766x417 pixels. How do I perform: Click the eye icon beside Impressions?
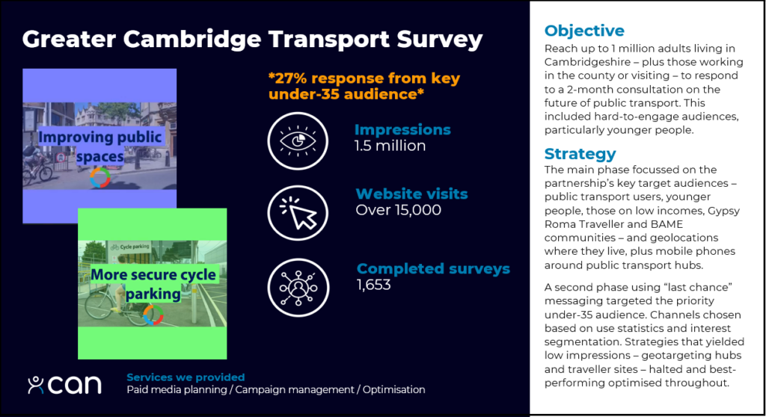[298, 141]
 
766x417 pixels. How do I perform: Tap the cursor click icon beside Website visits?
[298, 214]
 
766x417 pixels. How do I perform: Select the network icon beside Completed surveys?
[298, 288]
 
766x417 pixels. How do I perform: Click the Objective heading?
[584, 31]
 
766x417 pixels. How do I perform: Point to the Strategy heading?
[580, 154]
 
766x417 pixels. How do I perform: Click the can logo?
[64, 385]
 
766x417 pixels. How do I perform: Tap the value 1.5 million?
[390, 146]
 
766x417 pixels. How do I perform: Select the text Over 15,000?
[398, 210]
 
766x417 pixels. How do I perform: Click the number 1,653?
[373, 285]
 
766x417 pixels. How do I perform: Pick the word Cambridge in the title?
[192, 39]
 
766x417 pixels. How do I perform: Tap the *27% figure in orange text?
[288, 78]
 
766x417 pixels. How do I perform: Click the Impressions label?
[402, 129]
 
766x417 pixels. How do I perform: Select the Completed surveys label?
[433, 268]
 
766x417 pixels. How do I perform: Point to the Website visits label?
[411, 194]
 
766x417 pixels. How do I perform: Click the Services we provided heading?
[186, 377]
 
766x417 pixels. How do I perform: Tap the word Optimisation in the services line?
[393, 389]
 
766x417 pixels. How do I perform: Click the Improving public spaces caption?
[99, 146]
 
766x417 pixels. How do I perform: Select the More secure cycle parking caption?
[153, 284]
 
